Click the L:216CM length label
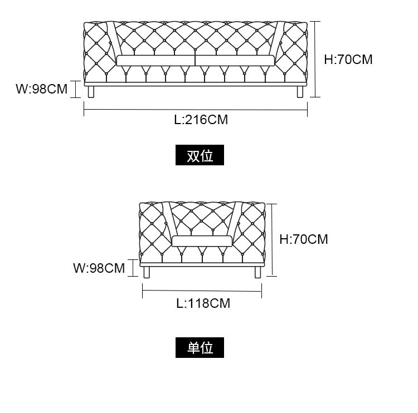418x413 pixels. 201,119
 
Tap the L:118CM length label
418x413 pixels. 203,303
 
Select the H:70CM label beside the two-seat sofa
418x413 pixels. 348,60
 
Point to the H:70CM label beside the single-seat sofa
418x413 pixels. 304,239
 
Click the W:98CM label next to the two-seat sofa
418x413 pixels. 41,88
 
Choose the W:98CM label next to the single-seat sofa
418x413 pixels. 99,268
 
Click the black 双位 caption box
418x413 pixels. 200,156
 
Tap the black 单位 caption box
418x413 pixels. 200,348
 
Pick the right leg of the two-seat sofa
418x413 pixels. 300,91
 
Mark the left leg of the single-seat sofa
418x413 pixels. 147,272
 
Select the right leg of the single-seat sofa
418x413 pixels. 257,272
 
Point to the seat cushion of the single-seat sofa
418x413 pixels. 202,241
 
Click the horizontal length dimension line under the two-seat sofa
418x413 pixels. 195,110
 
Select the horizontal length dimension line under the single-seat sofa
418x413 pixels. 202,290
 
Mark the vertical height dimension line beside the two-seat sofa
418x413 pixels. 315,59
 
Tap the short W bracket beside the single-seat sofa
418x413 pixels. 133,268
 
